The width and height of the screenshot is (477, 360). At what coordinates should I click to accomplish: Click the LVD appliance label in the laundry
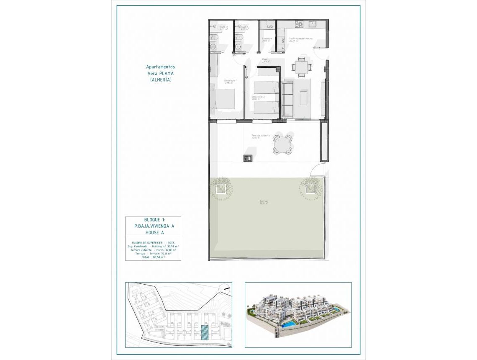[270, 27]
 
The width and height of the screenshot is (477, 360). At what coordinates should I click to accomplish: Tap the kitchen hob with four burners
[299, 24]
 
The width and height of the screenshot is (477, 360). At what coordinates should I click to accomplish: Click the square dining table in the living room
[301, 67]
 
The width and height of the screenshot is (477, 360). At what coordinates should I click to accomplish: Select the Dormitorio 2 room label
[258, 98]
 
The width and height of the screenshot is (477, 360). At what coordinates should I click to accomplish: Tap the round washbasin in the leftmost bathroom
[212, 47]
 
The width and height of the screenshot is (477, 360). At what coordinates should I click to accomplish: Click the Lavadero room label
[267, 39]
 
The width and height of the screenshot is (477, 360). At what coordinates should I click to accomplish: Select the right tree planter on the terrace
[310, 189]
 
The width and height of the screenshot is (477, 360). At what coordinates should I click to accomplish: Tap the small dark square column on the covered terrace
[247, 158]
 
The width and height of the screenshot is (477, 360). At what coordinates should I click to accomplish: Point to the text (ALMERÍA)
[161, 80]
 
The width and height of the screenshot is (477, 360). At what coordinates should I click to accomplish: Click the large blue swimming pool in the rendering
[287, 324]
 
